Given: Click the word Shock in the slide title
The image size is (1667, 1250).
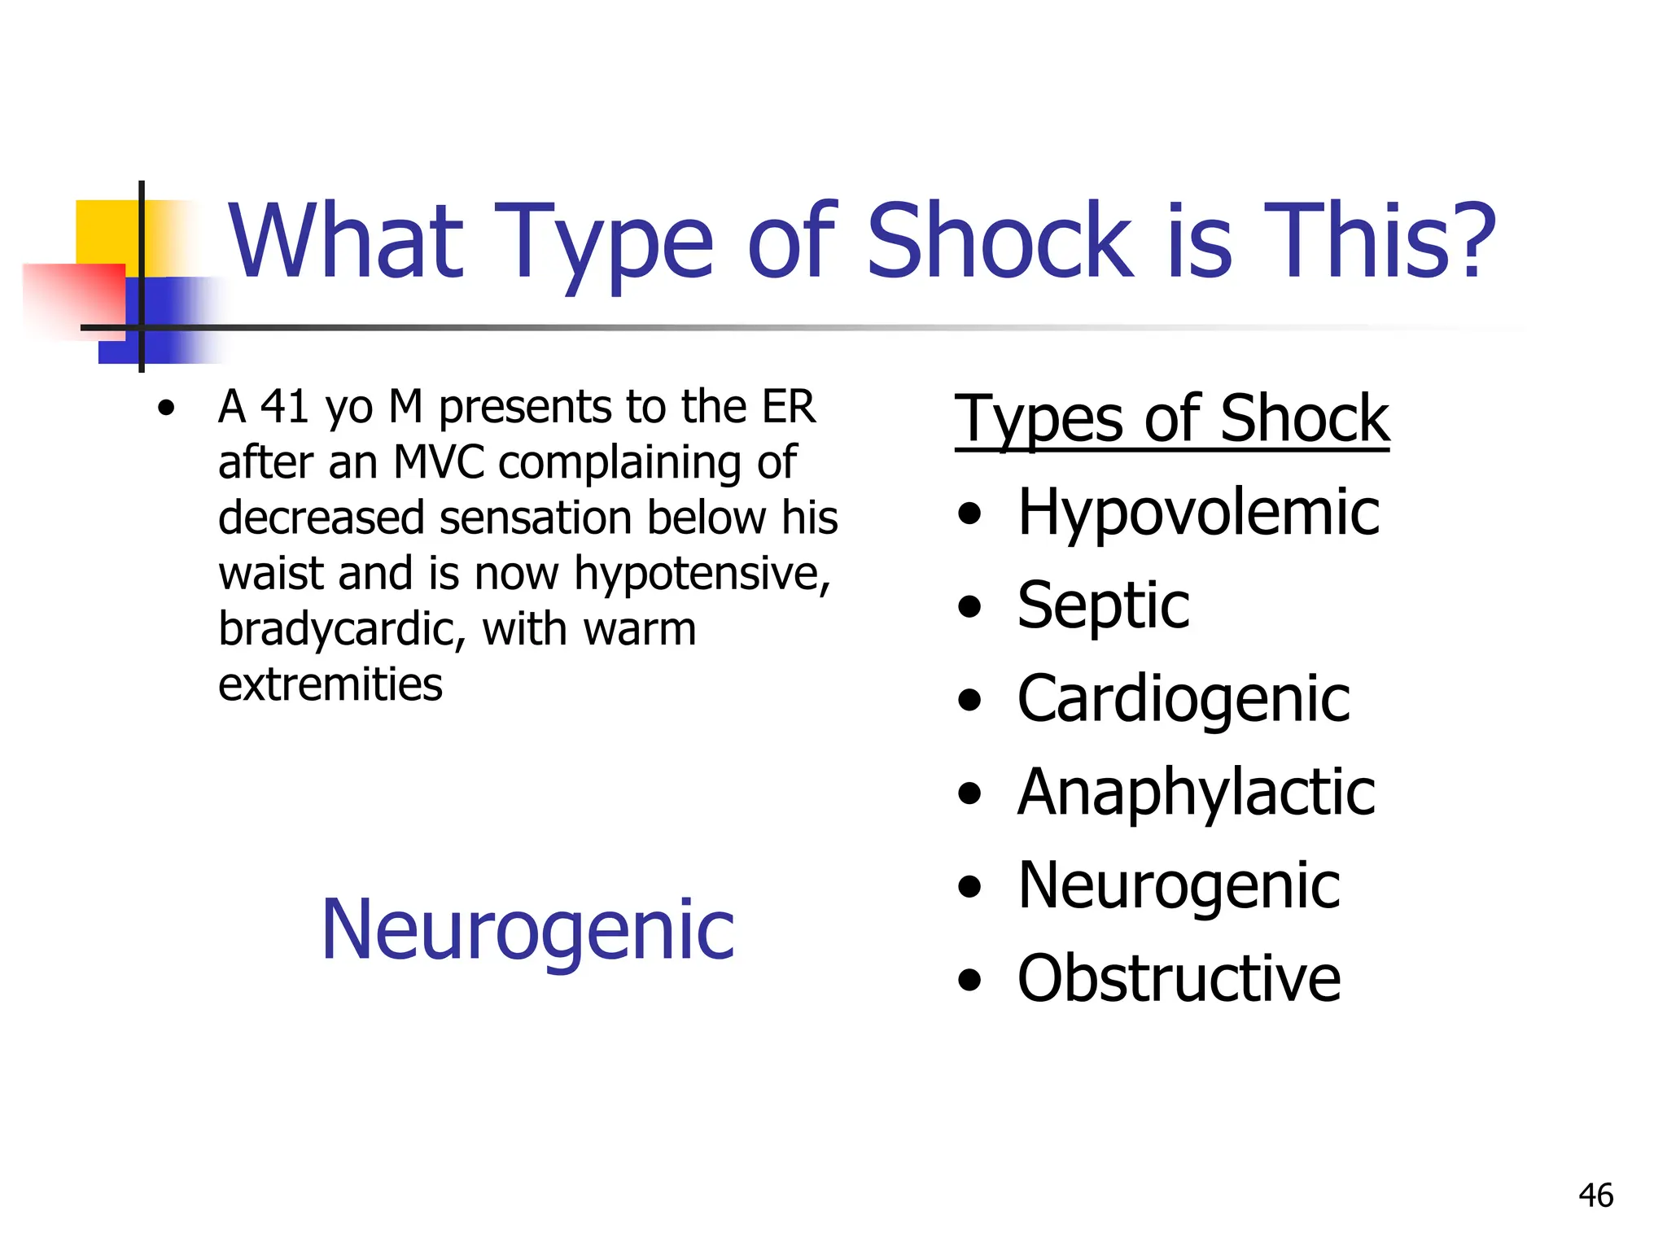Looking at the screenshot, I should pos(1000,241).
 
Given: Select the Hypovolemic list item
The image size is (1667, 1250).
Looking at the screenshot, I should pos(1198,513).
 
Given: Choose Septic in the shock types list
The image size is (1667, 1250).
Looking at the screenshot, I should pos(1103,605).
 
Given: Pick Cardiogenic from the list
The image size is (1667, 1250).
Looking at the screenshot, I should pos(1184,700).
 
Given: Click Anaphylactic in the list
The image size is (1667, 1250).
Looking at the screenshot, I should pos(1196,793).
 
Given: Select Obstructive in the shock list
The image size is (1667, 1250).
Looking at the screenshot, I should pos(1179,978).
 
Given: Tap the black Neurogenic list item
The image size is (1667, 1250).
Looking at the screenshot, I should pos(1179,885).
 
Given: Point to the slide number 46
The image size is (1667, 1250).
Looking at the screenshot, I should pos(1595,1195).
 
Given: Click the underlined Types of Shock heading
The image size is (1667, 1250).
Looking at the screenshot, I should pos(1171,418).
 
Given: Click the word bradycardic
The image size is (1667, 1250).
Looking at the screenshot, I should pos(340,630).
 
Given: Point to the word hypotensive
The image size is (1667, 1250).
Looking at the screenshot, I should pos(702,574).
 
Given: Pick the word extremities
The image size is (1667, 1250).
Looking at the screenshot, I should pos(330,684).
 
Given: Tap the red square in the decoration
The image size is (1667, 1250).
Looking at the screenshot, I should pos(73,297).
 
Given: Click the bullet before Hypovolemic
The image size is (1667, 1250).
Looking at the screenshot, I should pos(969,514).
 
